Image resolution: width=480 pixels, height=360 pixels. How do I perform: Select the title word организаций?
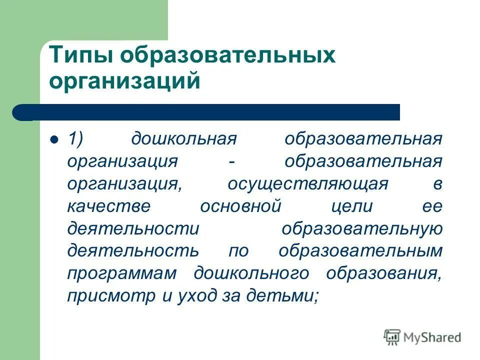(124, 81)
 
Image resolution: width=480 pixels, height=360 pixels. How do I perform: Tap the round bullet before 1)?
(55, 138)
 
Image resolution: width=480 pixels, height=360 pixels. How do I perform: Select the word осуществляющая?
(307, 184)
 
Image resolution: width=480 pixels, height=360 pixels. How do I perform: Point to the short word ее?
(433, 206)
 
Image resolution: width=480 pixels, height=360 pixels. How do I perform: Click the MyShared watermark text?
(431, 337)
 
